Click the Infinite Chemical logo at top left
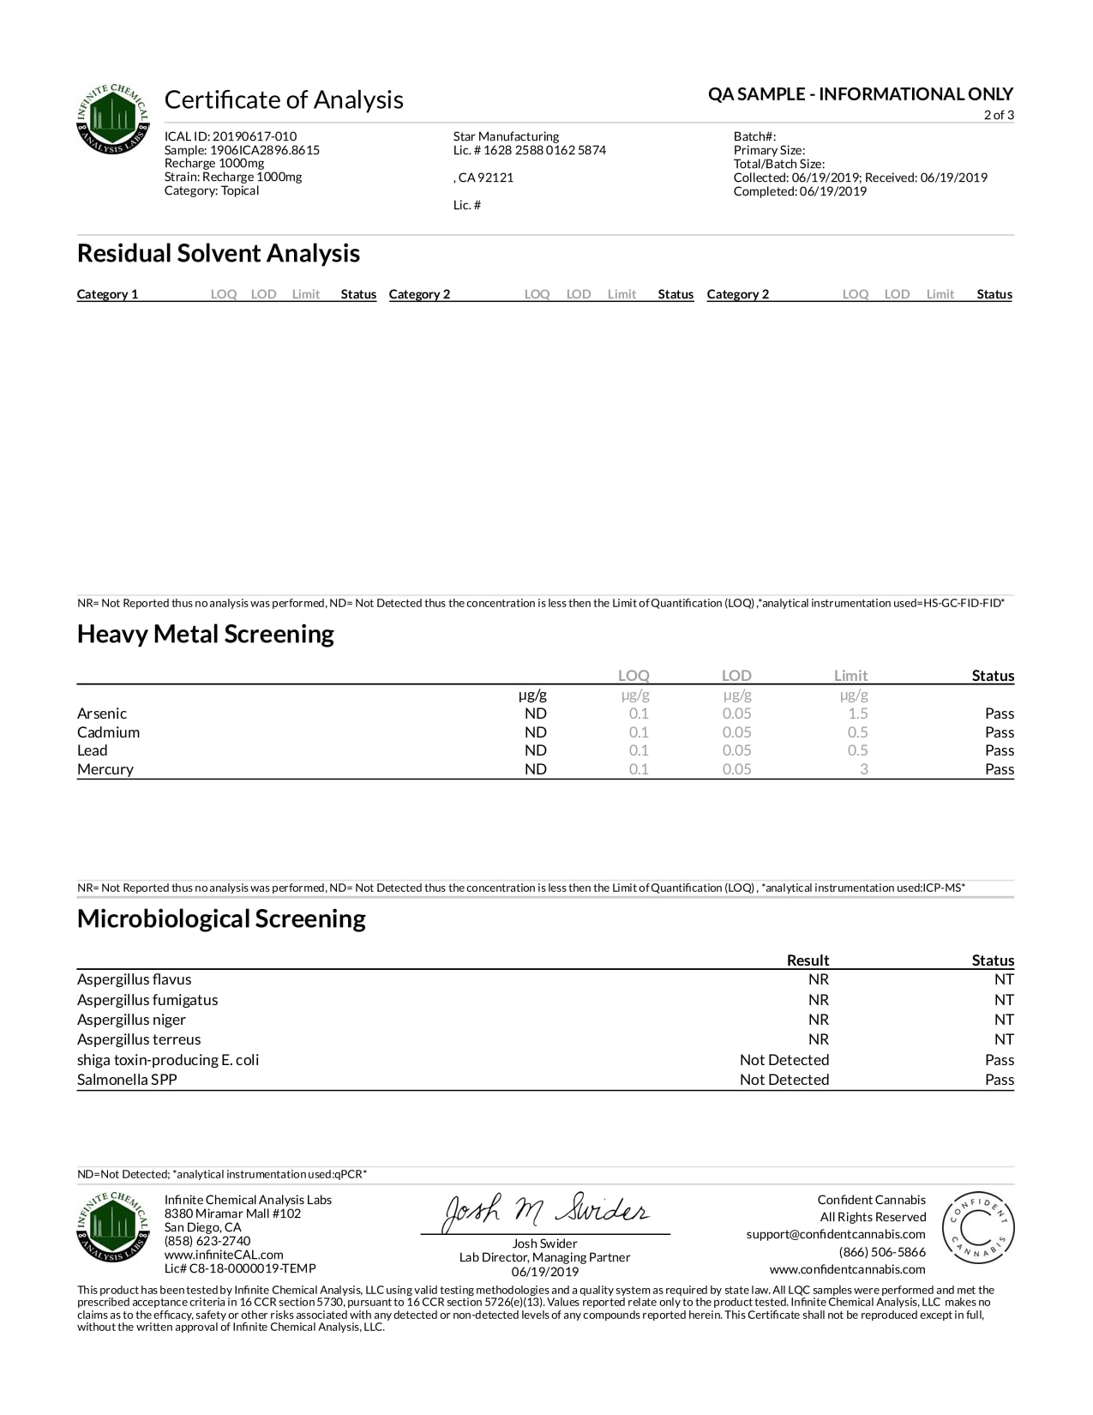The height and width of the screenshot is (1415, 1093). (113, 119)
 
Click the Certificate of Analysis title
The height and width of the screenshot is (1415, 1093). (284, 100)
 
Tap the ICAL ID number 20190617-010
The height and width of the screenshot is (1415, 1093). (255, 136)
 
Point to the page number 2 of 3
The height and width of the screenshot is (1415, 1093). (998, 115)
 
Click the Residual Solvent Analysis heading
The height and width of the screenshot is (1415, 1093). (219, 254)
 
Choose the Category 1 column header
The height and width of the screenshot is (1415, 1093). (107, 294)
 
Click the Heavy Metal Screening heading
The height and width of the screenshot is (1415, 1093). (206, 635)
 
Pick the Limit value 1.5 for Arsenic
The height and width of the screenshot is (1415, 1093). (857, 714)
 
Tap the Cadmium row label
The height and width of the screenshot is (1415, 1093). (108, 732)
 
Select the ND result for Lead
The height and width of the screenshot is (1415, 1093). (536, 750)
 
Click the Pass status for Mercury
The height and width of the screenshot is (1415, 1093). (999, 769)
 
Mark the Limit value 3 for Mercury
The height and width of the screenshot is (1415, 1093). (863, 769)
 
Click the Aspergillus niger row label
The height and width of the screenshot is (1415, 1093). (131, 1020)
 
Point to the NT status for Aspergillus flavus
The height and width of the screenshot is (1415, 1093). (1004, 979)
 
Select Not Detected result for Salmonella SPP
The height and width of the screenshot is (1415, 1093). (784, 1080)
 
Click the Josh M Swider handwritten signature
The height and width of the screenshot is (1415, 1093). (545, 1213)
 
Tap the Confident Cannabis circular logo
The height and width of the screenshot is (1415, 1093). (978, 1228)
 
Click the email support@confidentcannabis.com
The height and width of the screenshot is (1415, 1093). (836, 1235)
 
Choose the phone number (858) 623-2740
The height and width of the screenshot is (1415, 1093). (207, 1241)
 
